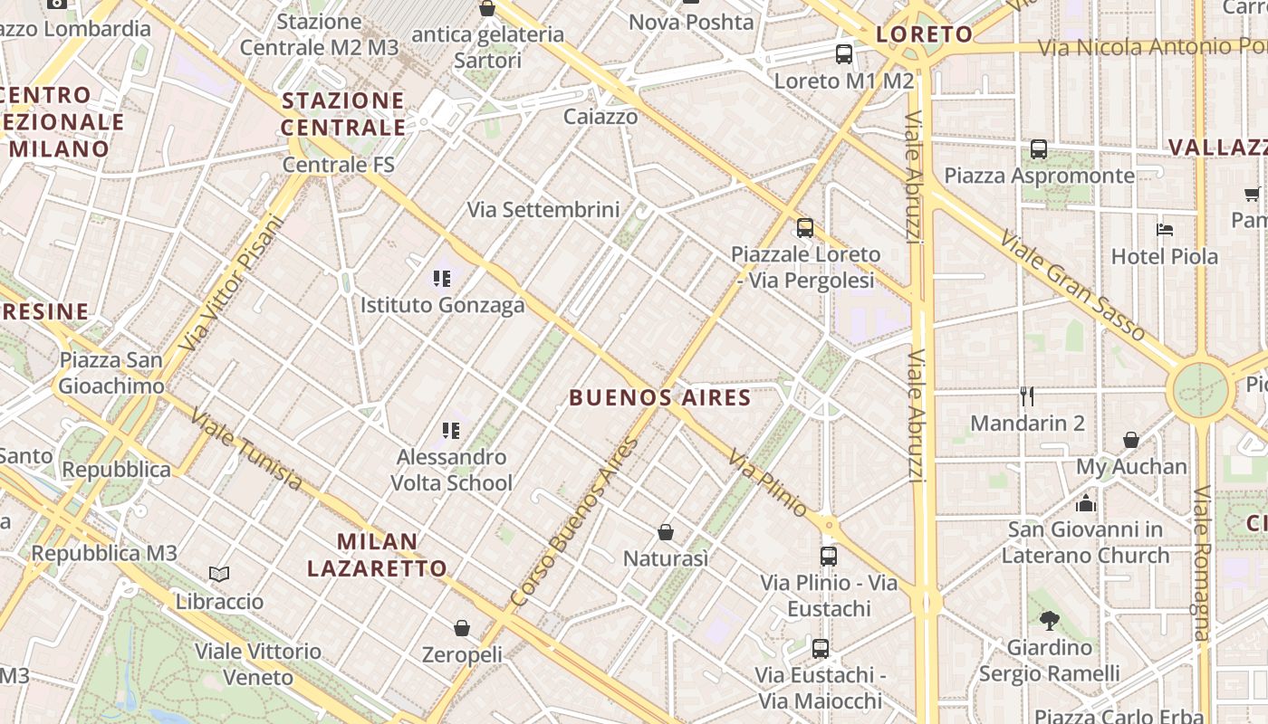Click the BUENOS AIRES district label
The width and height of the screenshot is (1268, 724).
click(660, 397)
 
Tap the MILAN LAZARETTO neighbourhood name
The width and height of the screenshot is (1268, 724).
click(377, 555)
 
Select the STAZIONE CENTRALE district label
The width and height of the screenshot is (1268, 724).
click(343, 114)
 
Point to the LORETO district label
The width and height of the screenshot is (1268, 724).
click(924, 35)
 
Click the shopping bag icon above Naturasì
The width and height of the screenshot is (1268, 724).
click(666, 532)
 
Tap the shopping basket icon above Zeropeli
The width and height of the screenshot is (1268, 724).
click(462, 628)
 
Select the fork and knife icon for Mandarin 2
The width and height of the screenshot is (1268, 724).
click(1027, 396)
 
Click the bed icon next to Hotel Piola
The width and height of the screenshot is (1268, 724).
click(1165, 230)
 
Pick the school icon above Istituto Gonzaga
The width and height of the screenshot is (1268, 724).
click(442, 279)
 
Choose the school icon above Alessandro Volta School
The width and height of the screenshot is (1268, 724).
click(450, 431)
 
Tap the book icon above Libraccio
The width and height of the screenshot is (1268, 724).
click(219, 574)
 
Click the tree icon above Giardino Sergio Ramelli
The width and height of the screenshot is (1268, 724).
click(1049, 621)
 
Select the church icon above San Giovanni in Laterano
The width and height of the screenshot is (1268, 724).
click(1085, 503)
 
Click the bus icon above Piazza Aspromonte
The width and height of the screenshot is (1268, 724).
click(1039, 149)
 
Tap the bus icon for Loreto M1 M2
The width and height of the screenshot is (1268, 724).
click(844, 54)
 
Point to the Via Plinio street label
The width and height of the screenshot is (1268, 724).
click(766, 484)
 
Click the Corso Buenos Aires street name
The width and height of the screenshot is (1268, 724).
click(574, 523)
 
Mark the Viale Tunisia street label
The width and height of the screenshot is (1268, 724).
click(246, 448)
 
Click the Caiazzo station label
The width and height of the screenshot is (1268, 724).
click(600, 117)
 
